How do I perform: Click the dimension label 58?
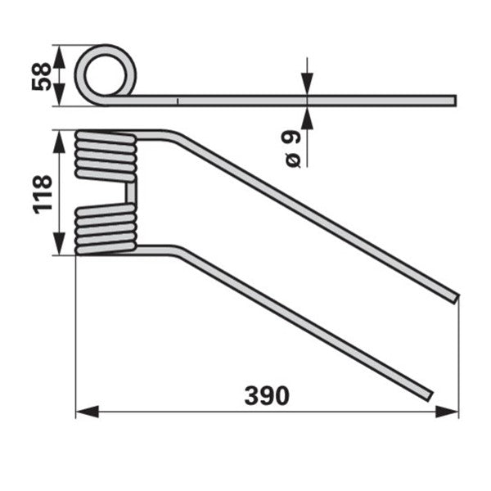[42, 76]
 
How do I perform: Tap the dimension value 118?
[43, 194]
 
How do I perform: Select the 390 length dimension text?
[267, 395]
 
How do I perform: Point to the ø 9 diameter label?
[292, 149]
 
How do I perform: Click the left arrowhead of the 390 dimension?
[88, 412]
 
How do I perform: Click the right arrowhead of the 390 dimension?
[447, 412]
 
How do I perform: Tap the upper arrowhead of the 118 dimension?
[59, 142]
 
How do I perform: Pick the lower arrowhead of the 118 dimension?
[59, 244]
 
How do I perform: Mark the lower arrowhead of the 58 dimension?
[59, 95]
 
